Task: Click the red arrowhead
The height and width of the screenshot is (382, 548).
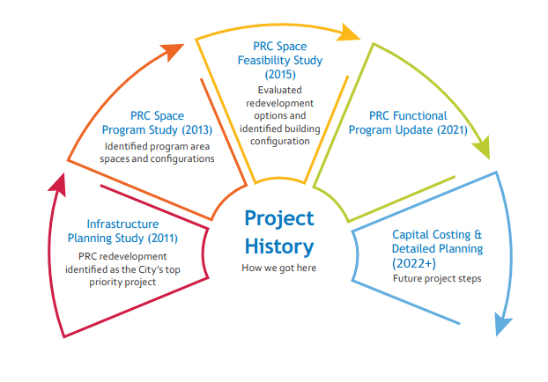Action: point(58,184)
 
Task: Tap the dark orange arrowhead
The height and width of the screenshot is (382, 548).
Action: point(172,51)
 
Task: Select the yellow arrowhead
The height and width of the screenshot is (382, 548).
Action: point(348,33)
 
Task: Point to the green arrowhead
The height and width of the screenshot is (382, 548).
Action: point(482,148)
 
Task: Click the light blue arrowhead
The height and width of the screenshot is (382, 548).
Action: point(502,324)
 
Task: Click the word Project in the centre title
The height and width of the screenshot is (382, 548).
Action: point(279,219)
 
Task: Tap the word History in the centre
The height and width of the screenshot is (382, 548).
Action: point(279,246)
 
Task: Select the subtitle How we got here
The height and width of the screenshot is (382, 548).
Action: point(279,268)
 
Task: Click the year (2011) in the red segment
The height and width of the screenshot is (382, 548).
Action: point(162,239)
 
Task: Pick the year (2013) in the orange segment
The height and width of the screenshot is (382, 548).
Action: point(197,130)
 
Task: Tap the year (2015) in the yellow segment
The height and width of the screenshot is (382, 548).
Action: point(280,74)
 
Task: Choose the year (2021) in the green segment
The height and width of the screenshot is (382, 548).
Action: point(452,130)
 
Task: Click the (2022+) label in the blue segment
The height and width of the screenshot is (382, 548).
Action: point(414,263)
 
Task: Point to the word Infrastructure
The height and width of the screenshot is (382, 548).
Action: point(122,224)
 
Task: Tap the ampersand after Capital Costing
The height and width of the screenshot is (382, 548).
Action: point(478,234)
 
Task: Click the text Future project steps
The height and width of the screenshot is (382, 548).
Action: point(437,279)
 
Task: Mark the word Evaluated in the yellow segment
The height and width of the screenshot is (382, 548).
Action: point(279,90)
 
